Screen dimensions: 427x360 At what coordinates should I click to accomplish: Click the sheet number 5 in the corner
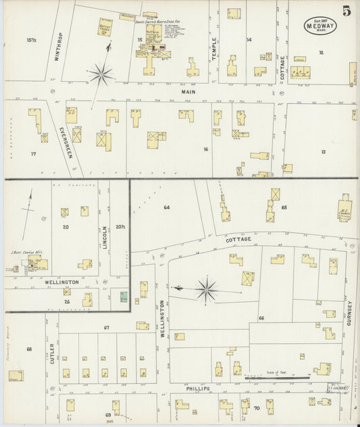click(x=346, y=10)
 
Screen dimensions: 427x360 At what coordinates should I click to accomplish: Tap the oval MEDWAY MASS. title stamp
click(x=317, y=25)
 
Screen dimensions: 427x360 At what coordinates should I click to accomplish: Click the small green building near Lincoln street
click(x=124, y=297)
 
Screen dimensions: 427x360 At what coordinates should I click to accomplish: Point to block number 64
click(x=166, y=207)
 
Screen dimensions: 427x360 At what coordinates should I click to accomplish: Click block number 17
click(x=33, y=154)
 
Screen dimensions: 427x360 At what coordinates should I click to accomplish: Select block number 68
click(x=28, y=349)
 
